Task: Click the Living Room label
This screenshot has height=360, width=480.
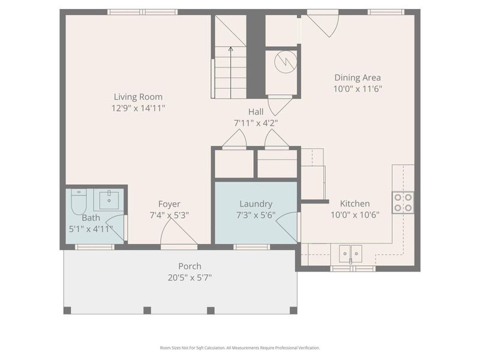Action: (138, 97)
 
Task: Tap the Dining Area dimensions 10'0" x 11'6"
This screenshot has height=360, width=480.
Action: (358, 89)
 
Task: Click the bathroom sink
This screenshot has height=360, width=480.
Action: (110, 199)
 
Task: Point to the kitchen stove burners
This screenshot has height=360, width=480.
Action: (403, 202)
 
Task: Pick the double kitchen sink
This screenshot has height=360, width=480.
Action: (350, 253)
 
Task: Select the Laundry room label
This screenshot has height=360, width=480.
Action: (256, 204)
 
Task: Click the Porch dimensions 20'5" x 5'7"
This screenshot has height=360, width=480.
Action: (190, 277)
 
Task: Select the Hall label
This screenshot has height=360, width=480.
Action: (256, 112)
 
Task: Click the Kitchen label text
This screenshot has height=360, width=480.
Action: (355, 203)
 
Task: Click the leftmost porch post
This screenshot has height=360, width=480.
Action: (67, 310)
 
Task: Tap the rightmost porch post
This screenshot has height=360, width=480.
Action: (293, 310)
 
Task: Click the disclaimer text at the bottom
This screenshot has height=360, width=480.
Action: (239, 347)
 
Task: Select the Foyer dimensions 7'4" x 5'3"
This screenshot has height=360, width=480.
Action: (169, 215)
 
